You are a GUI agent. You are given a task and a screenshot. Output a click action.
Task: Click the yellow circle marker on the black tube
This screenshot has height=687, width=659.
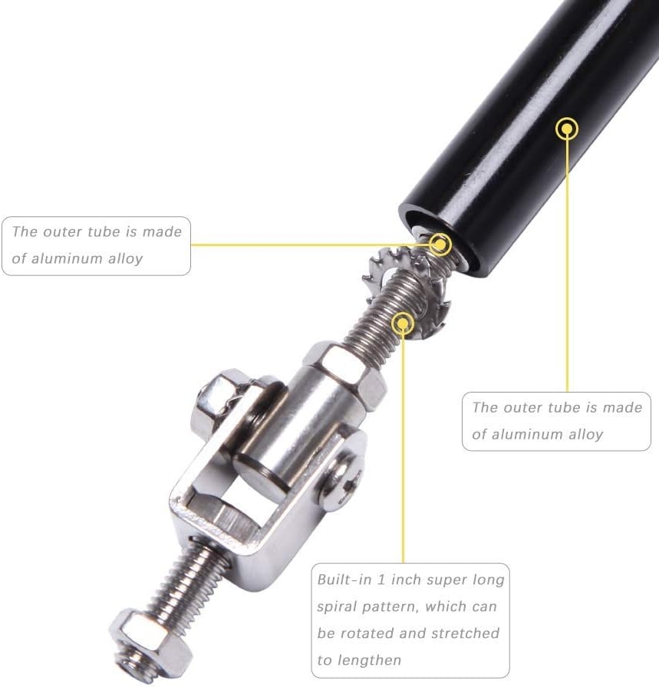567,129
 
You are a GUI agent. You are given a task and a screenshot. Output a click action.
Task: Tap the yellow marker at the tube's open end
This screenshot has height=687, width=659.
440,244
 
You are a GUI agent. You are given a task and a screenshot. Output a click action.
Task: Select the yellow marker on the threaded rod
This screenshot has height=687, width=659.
403,324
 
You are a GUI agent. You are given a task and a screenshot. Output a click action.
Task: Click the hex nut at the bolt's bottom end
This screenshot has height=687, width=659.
151,645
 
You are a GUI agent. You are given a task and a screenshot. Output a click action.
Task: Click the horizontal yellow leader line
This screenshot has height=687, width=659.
311,245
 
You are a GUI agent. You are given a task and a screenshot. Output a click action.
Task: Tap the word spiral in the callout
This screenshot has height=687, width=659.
335,607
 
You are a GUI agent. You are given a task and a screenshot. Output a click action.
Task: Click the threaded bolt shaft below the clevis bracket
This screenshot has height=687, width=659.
186,583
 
